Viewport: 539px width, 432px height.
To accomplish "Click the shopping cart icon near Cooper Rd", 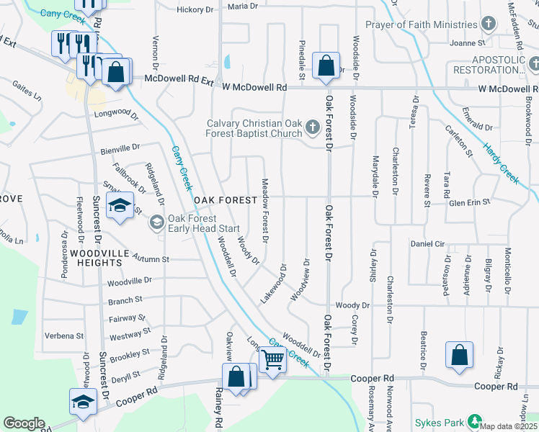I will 272,359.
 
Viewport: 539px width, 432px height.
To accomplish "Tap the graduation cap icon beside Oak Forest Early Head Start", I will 120,207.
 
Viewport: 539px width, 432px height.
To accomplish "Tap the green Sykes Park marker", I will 474,421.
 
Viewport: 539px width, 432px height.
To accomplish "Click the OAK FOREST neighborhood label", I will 224,199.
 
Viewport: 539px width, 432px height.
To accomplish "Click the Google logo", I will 24,423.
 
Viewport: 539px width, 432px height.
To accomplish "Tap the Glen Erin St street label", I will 469,202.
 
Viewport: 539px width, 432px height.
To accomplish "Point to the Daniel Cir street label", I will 427,244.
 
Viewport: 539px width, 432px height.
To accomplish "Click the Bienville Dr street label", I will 120,148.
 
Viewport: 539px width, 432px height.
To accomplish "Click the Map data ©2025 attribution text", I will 509,426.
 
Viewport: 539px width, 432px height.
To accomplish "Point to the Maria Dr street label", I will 242,6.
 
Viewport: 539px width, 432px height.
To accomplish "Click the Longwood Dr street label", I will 115,114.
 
